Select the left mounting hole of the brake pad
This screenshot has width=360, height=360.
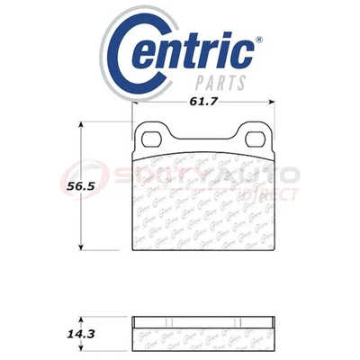pos(151,139)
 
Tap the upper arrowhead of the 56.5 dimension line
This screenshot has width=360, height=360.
pos(83,123)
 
